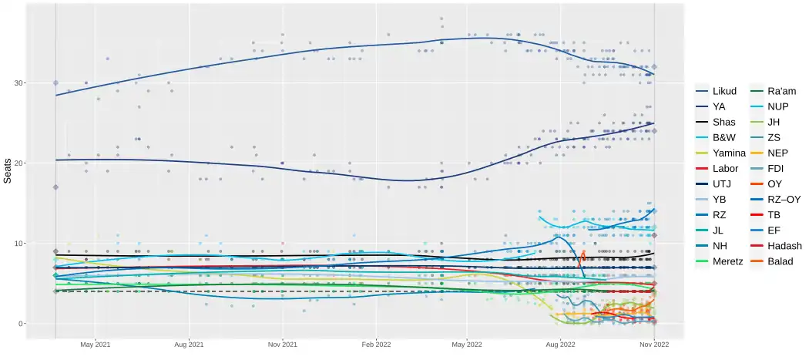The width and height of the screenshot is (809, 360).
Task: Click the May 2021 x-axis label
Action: pyautogui.click(x=95, y=345)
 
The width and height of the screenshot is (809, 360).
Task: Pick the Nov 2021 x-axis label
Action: pyautogui.click(x=283, y=345)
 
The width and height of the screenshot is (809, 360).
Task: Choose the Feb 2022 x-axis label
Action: pyautogui.click(x=377, y=345)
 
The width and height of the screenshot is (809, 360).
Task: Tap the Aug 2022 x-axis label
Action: pyautogui.click(x=561, y=345)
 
